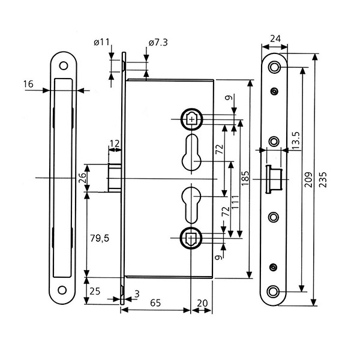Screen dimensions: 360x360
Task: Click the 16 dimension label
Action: (28, 84)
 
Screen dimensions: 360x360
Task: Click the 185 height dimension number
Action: (244, 178)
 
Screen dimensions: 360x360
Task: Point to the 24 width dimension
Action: (275, 39)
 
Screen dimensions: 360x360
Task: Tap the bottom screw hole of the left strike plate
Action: (62, 292)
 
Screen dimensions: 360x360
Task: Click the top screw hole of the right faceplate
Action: (275, 66)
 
